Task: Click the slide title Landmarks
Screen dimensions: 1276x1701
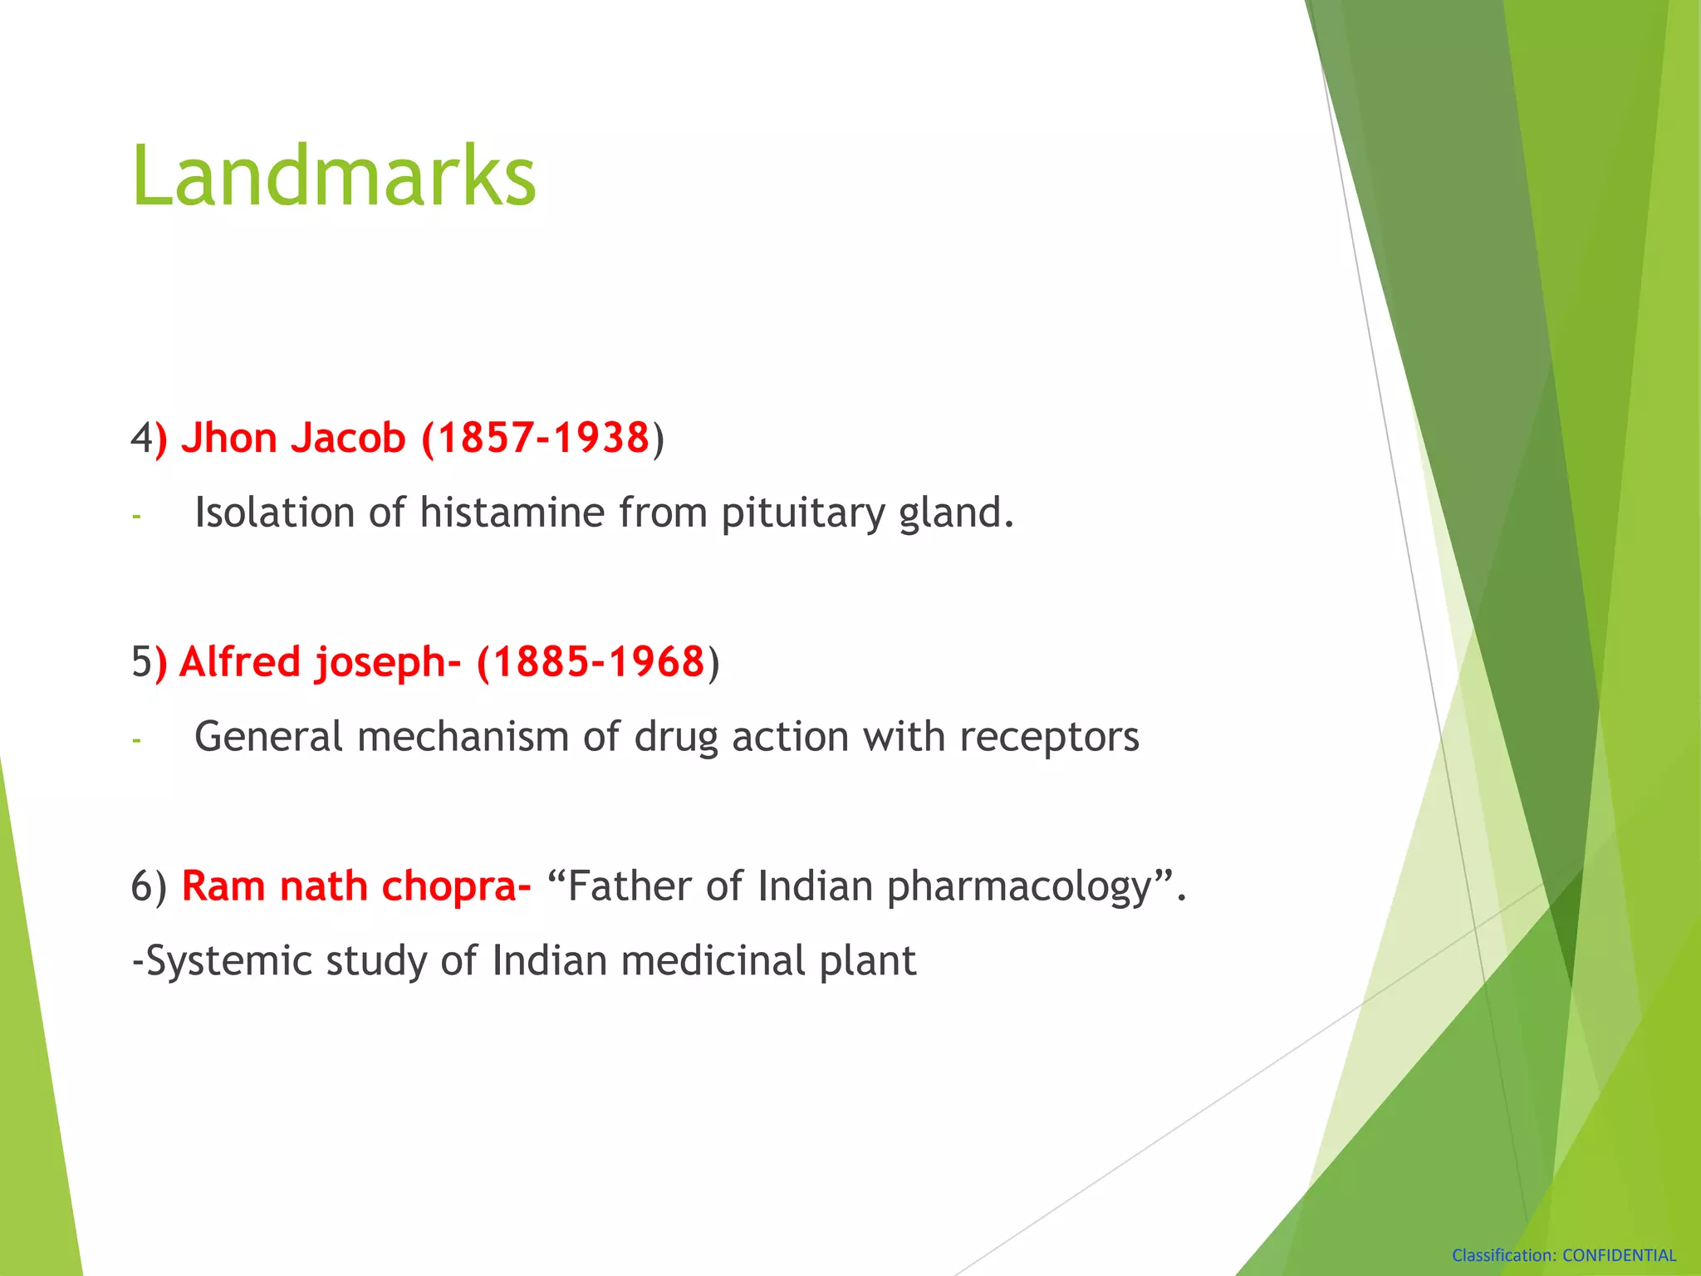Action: [x=334, y=176]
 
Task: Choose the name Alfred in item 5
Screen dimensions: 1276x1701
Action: [x=239, y=662]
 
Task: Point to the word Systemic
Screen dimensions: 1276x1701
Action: [x=228, y=961]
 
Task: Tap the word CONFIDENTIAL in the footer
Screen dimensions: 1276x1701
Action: [x=1619, y=1255]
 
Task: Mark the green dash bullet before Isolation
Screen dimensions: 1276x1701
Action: [x=136, y=517]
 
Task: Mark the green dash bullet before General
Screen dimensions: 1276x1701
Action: [x=136, y=740]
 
